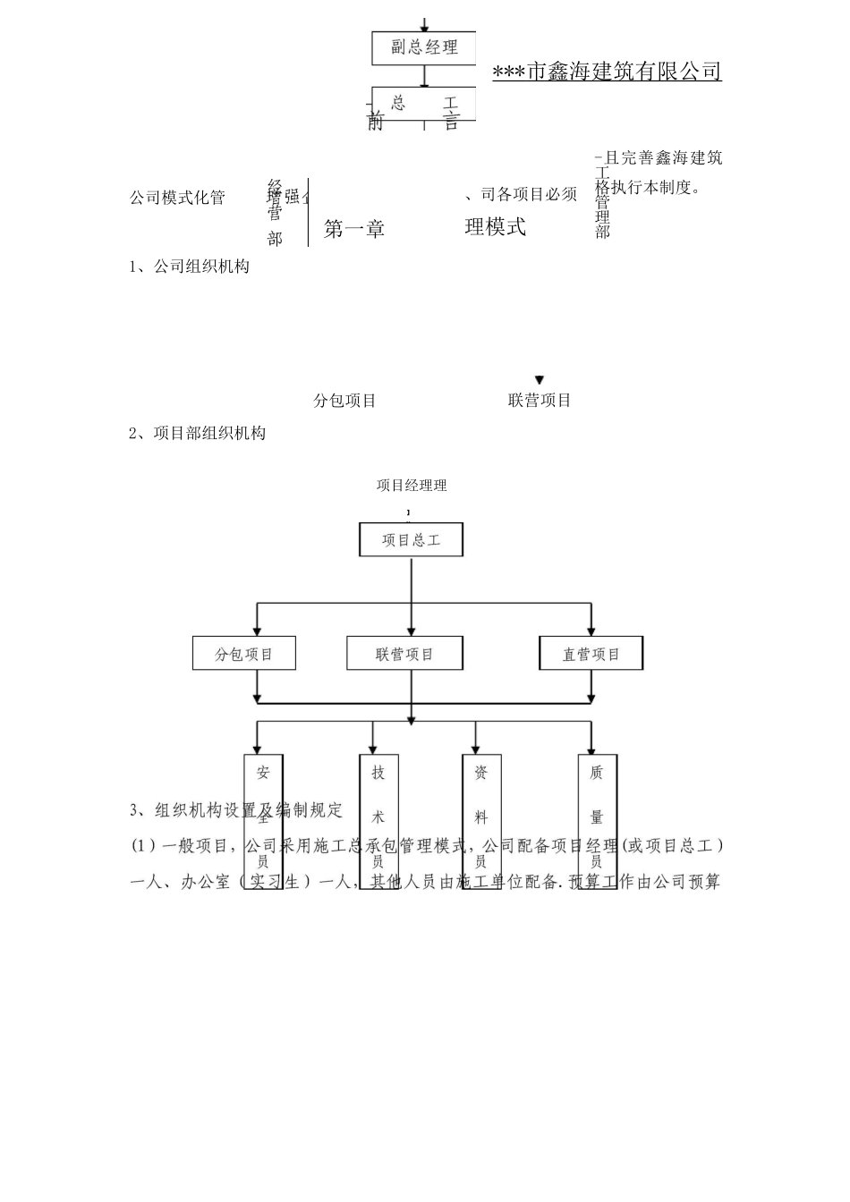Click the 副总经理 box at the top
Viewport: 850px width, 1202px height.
pyautogui.click(x=423, y=48)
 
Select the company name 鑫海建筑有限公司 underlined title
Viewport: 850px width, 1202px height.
pyautogui.click(x=608, y=72)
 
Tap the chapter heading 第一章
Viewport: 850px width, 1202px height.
pyautogui.click(x=354, y=229)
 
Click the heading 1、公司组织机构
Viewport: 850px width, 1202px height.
pyautogui.click(x=190, y=267)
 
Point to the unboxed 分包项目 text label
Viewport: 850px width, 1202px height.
pyautogui.click(x=344, y=401)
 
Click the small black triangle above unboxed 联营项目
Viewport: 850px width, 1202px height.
pyautogui.click(x=540, y=380)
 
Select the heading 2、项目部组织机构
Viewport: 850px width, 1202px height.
pyautogui.click(x=198, y=434)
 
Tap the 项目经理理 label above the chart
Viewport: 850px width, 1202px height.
pyautogui.click(x=412, y=486)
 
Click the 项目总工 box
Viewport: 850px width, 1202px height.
pyautogui.click(x=411, y=540)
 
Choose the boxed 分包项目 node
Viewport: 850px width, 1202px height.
pyautogui.click(x=244, y=654)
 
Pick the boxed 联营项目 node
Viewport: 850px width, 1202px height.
pyautogui.click(x=404, y=654)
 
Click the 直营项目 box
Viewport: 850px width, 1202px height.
pyautogui.click(x=591, y=654)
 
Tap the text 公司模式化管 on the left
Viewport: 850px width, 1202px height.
pyautogui.click(x=177, y=198)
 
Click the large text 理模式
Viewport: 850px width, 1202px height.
pyautogui.click(x=496, y=227)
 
